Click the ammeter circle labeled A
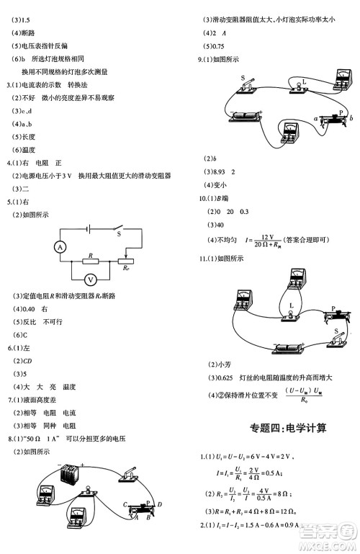(x=60, y=246)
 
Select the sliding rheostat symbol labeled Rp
(x=128, y=262)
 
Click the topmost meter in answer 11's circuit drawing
(x=295, y=279)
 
